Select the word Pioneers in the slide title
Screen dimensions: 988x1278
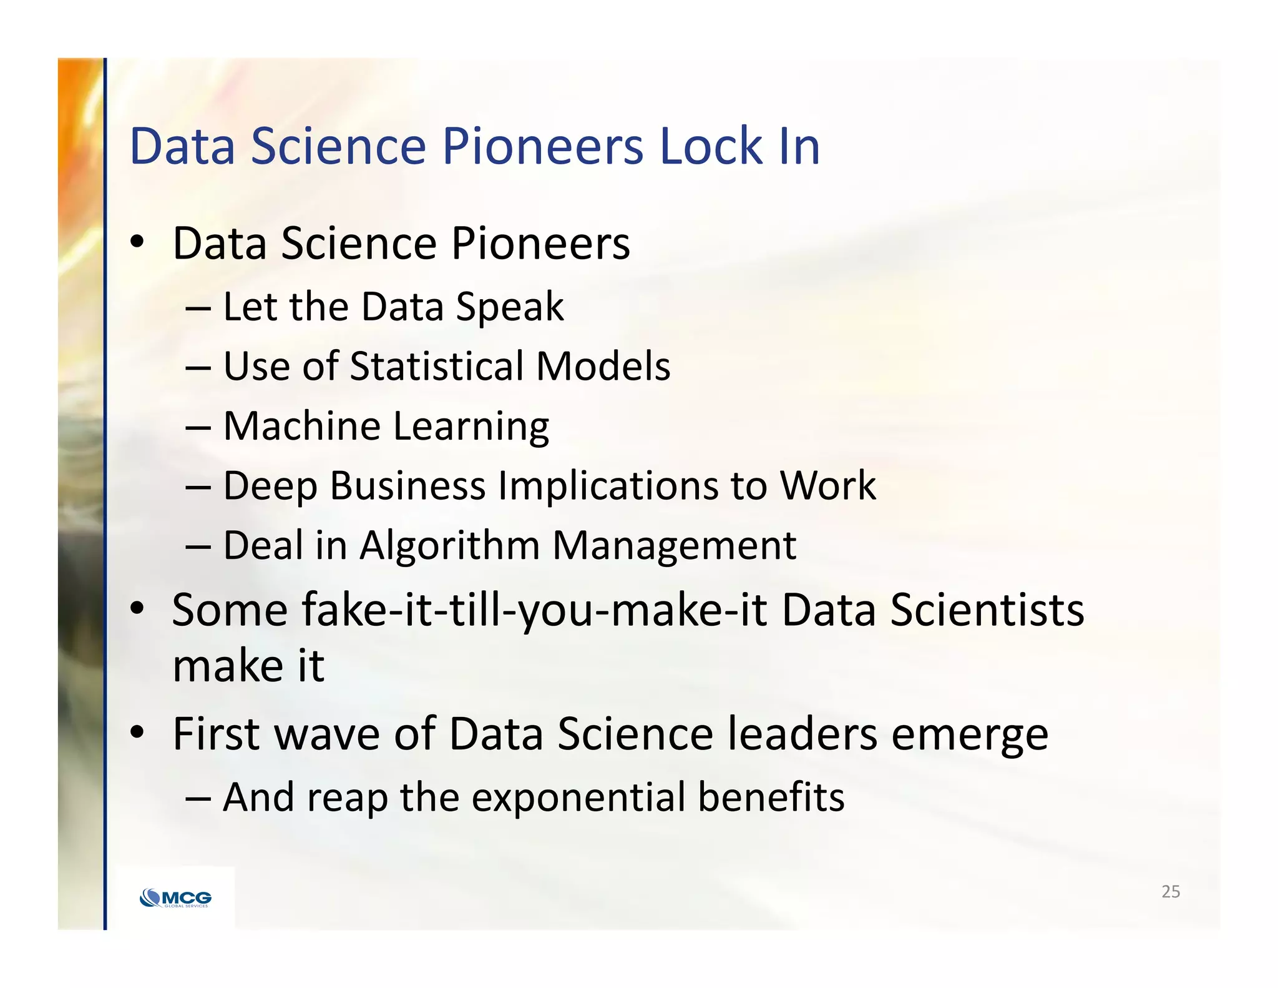pyautogui.click(x=543, y=147)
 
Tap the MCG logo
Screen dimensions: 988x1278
pyautogui.click(x=176, y=898)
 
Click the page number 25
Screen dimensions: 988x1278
pyautogui.click(x=1171, y=892)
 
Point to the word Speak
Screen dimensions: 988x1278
pyautogui.click(x=510, y=307)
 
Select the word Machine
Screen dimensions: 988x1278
pyautogui.click(x=301, y=426)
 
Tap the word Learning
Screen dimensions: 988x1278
pyautogui.click(x=471, y=427)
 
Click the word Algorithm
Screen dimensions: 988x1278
pyautogui.click(x=449, y=546)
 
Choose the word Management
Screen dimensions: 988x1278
pyautogui.click(x=675, y=546)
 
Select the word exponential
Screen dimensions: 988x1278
pyautogui.click(x=578, y=798)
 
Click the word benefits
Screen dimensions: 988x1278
pyautogui.click(x=771, y=798)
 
